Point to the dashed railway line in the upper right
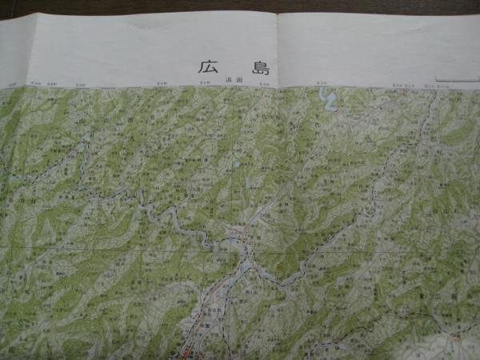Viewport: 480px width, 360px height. pyautogui.click(x=400, y=160)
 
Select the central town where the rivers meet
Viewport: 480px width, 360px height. pyautogui.click(x=237, y=237)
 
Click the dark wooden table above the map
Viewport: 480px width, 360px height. pyautogui.click(x=240, y=6)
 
